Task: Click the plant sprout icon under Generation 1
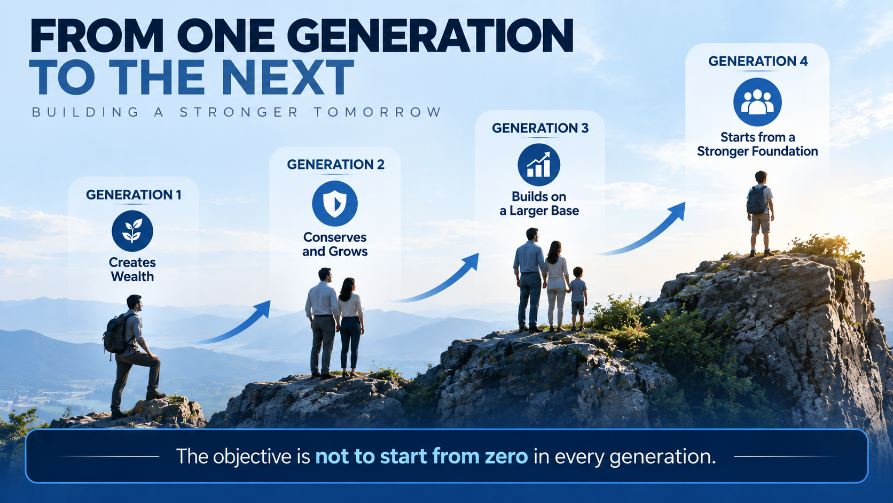132,231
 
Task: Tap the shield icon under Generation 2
335,204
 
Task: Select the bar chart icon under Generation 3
539,165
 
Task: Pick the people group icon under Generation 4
757,102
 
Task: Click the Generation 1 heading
134,195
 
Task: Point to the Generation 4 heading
758,61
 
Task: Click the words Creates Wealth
132,269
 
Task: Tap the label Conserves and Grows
335,244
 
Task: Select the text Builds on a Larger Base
539,204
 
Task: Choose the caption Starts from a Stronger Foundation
757,144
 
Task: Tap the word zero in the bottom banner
506,456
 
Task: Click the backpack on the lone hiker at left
115,334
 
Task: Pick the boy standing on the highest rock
761,213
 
